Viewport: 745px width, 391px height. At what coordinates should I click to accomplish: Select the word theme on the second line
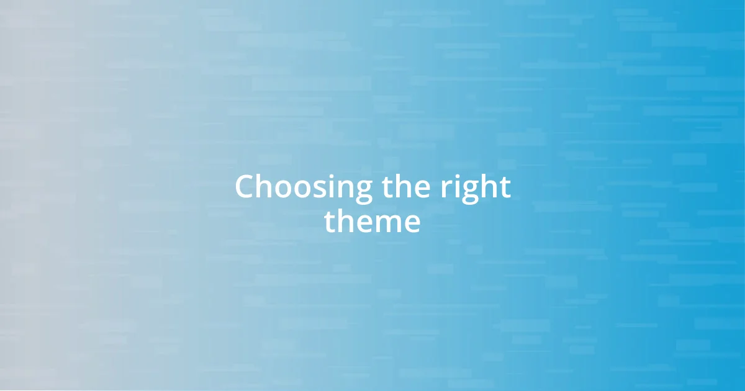[372, 222]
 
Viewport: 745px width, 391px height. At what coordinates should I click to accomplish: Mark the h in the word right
[484, 187]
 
